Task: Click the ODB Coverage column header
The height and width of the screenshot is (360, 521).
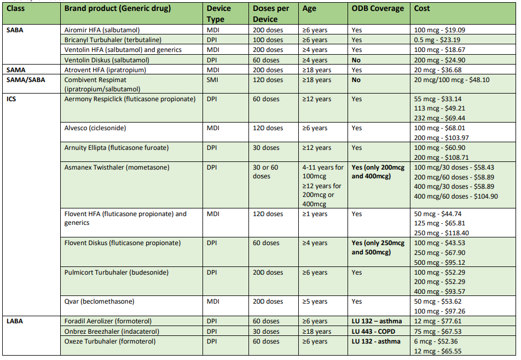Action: click(x=378, y=9)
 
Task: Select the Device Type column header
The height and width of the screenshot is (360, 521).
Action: click(x=219, y=14)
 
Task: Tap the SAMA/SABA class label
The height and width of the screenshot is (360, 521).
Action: click(x=26, y=80)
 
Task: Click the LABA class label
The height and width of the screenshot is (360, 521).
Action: click(x=15, y=321)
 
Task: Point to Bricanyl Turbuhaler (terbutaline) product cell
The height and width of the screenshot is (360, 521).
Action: click(x=113, y=40)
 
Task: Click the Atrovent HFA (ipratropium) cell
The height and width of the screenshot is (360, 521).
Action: click(x=105, y=70)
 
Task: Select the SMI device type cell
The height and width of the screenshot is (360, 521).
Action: click(x=212, y=80)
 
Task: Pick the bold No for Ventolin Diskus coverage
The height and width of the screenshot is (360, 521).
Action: click(x=356, y=60)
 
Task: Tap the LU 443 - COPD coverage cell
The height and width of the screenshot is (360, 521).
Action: click(x=373, y=332)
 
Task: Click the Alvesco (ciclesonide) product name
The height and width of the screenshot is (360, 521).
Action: click(x=95, y=128)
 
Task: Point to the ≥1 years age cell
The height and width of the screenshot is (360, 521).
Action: click(x=315, y=214)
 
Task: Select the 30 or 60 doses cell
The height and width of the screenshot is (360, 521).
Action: click(x=265, y=172)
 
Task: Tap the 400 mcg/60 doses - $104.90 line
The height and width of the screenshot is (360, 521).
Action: click(x=456, y=196)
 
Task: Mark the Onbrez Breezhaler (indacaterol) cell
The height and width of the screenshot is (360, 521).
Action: click(x=112, y=332)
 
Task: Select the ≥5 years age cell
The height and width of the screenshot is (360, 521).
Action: click(x=315, y=301)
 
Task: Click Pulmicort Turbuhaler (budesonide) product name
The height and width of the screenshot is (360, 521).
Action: click(x=116, y=272)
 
